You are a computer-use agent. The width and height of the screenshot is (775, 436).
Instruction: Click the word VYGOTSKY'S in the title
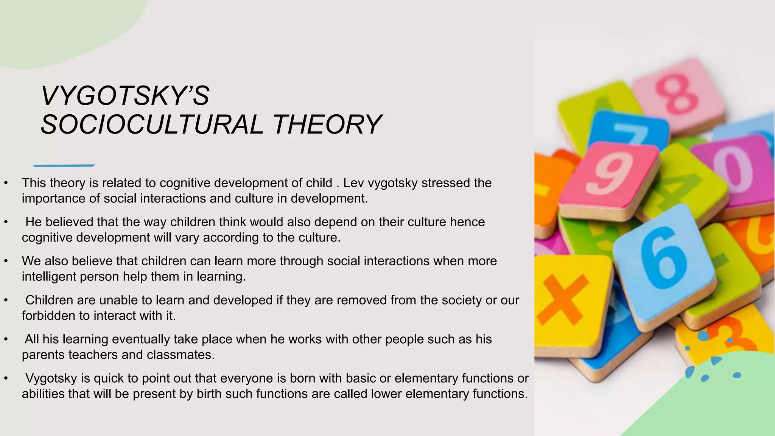pyautogui.click(x=125, y=96)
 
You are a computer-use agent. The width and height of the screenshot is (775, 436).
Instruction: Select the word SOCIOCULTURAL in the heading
pyautogui.click(x=152, y=125)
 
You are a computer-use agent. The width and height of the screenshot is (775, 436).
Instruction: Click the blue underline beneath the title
pyautogui.click(x=64, y=165)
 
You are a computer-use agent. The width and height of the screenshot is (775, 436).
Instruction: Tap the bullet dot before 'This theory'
pyautogui.click(x=6, y=184)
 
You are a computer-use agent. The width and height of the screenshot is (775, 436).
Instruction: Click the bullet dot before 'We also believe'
pyautogui.click(x=6, y=262)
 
